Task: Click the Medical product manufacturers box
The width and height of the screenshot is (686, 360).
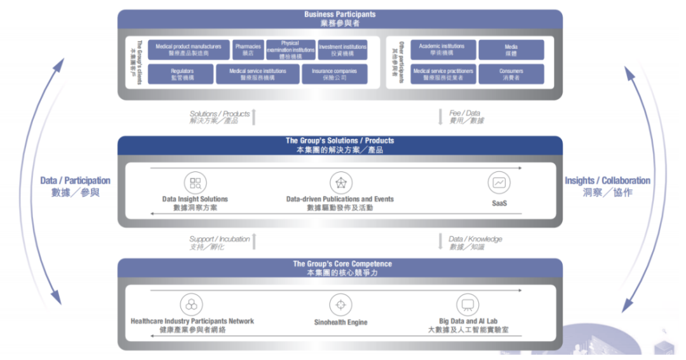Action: (x=188, y=50)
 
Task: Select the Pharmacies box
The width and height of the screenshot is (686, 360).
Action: (x=247, y=50)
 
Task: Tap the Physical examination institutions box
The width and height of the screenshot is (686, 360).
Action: (x=290, y=50)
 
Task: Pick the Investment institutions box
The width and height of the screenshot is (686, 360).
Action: (x=342, y=50)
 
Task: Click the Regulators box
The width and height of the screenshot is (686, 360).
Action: (x=182, y=74)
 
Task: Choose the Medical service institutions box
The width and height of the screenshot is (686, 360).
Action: (x=257, y=74)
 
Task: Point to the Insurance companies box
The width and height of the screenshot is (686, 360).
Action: (x=334, y=74)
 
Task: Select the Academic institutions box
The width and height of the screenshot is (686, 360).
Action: (x=442, y=50)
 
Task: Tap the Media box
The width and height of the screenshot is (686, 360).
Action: (x=511, y=50)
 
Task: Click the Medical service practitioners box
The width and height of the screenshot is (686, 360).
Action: (x=443, y=74)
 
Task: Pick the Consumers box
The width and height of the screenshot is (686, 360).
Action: (x=511, y=74)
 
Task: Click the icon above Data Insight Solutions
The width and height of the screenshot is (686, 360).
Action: (x=195, y=183)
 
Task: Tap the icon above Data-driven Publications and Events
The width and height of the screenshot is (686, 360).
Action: (x=340, y=183)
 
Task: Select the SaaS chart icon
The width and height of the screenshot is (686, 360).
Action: (x=499, y=183)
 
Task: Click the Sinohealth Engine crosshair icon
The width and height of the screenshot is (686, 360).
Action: (x=340, y=304)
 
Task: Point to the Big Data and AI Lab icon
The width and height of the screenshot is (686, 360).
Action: (x=467, y=304)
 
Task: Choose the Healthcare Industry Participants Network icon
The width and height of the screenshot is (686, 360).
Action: (x=191, y=304)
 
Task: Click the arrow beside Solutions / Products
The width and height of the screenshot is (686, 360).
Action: (x=254, y=117)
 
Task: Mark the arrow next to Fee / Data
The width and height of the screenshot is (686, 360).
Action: (x=440, y=117)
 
